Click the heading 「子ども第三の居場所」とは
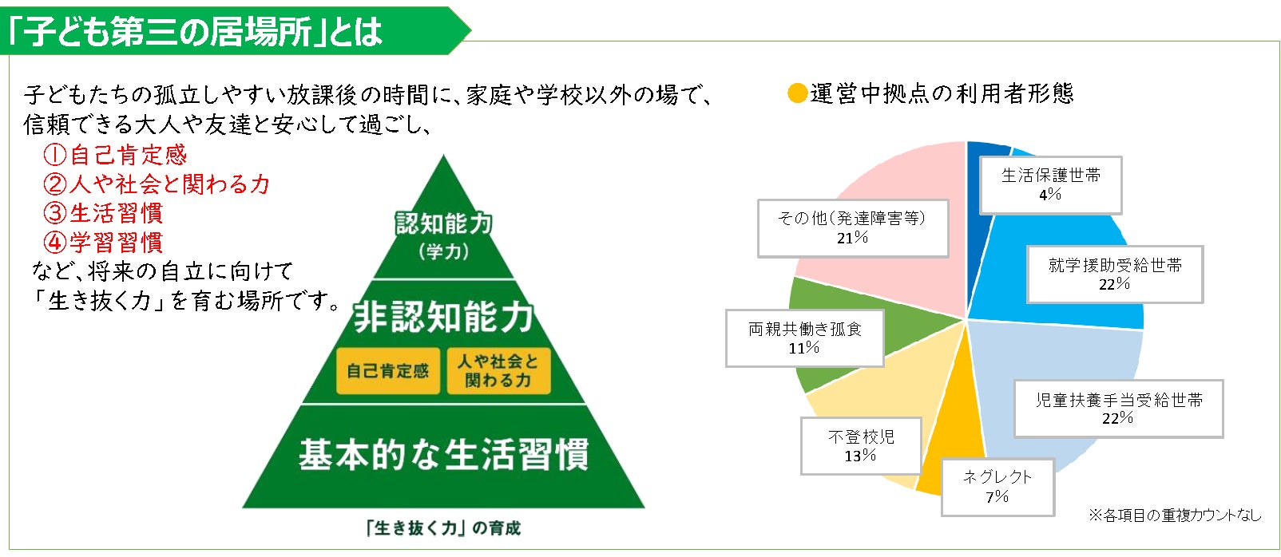click(x=196, y=31)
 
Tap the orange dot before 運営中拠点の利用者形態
click(x=796, y=93)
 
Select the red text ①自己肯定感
click(x=115, y=155)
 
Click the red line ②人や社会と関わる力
click(x=157, y=184)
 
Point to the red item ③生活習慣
click(x=103, y=213)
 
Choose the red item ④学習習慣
click(x=103, y=242)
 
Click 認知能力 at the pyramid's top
click(x=443, y=224)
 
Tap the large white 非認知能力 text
click(x=443, y=317)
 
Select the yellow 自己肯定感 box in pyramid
click(x=387, y=371)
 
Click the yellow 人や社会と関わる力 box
click(x=498, y=371)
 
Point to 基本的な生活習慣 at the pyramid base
click(x=443, y=455)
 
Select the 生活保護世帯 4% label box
click(x=1050, y=185)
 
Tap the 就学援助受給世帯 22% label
click(x=1114, y=275)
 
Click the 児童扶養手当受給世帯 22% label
click(x=1118, y=409)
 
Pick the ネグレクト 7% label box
click(x=997, y=487)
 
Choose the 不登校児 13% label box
click(x=860, y=446)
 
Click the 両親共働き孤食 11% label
click(x=804, y=338)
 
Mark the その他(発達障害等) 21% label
click(x=852, y=228)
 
